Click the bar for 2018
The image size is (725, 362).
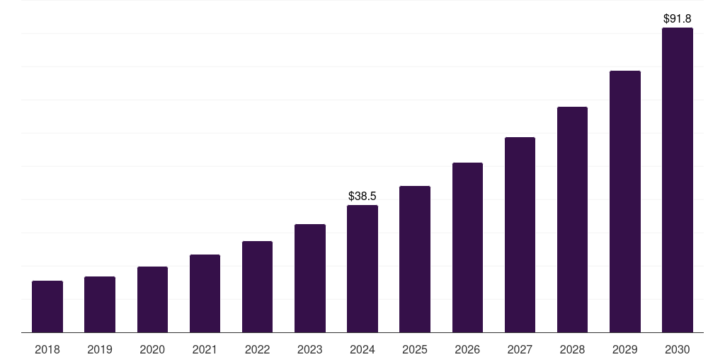[x=47, y=307]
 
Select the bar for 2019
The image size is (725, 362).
[x=100, y=305]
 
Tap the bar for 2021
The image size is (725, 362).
[x=205, y=293]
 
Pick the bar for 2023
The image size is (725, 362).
[x=310, y=279]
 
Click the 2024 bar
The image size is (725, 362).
[x=362, y=269]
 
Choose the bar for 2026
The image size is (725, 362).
[x=467, y=247]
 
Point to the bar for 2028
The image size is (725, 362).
[x=572, y=220]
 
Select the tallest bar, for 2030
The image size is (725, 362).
[x=678, y=180]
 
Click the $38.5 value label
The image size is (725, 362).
[x=362, y=196]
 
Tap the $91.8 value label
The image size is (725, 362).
[x=678, y=18]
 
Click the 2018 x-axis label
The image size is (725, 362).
[x=47, y=349]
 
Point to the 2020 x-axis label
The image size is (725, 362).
[x=152, y=349]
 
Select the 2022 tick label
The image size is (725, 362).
[x=257, y=349]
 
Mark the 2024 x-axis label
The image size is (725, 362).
[x=362, y=349]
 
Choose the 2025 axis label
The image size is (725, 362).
[x=415, y=349]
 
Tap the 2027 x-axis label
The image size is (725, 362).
[x=520, y=349]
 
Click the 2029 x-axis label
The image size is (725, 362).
[x=624, y=349]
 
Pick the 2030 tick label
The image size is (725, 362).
[x=678, y=349]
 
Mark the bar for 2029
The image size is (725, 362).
[x=624, y=202]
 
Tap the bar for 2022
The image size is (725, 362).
[x=257, y=287]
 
